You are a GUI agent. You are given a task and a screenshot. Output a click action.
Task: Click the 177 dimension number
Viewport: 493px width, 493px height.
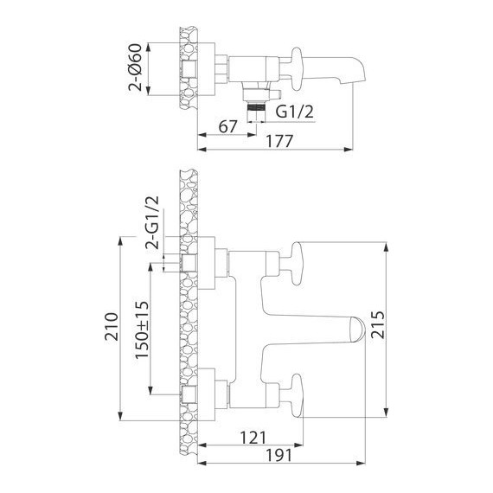tap(279, 141)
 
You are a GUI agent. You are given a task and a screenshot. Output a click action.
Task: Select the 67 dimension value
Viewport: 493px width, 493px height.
tap(227, 126)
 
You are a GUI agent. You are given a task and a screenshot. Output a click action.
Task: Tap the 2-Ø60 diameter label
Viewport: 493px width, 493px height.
tap(135, 67)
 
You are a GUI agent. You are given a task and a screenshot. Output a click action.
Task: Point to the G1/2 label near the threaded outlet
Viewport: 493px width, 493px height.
tap(295, 112)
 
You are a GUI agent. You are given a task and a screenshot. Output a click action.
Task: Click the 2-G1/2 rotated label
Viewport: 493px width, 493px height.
tap(152, 222)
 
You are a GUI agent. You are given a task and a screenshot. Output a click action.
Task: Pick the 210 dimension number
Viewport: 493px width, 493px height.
tap(112, 327)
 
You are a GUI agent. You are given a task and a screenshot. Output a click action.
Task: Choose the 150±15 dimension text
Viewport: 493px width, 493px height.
tap(142, 330)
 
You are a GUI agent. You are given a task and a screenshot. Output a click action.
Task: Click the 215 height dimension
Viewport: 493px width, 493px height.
tap(377, 325)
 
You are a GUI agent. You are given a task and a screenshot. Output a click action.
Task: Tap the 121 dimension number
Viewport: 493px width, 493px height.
tap(253, 438)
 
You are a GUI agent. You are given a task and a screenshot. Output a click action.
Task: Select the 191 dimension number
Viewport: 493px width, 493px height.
tap(279, 455)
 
